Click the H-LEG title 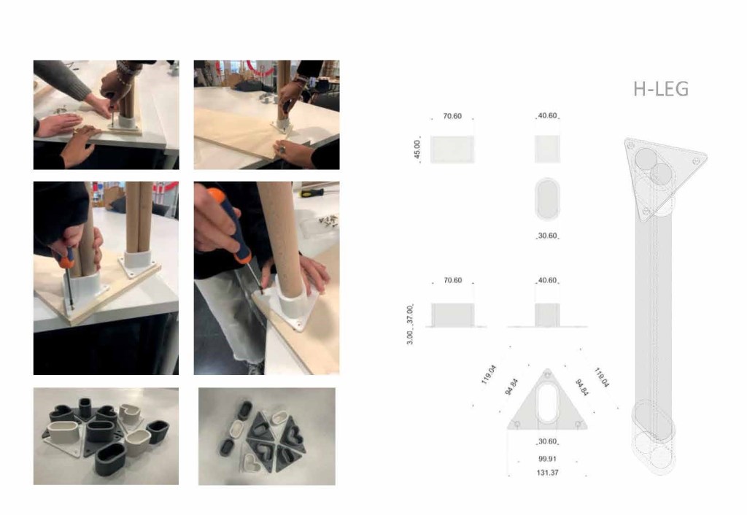[661, 89]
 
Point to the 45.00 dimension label [417, 149]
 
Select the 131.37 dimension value [547, 473]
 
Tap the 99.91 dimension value [547, 459]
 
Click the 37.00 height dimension [410, 315]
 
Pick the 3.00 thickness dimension [410, 337]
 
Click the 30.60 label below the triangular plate [547, 441]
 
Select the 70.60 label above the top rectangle [452, 116]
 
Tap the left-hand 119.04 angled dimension [489, 374]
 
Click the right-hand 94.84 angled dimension [581, 387]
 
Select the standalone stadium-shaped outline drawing [547, 198]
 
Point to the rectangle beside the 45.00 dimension [452, 149]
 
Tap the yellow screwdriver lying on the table [311, 193]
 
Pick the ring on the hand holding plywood [282, 150]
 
